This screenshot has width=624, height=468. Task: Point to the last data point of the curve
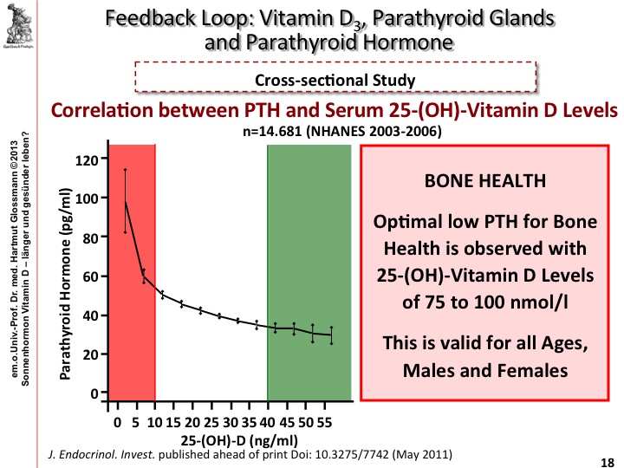[x=331, y=335]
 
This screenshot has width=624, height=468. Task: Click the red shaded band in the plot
[x=131, y=277]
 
